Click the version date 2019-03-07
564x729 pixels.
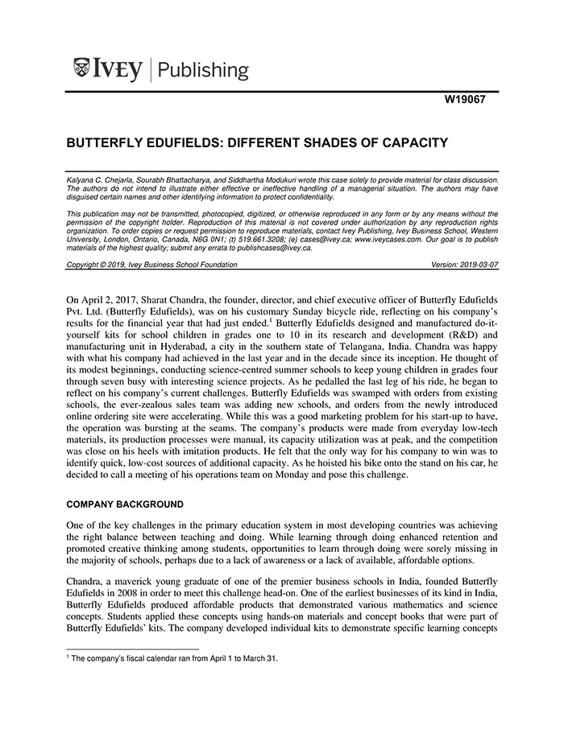pyautogui.click(x=478, y=265)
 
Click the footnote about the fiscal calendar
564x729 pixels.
pyautogui.click(x=172, y=658)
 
